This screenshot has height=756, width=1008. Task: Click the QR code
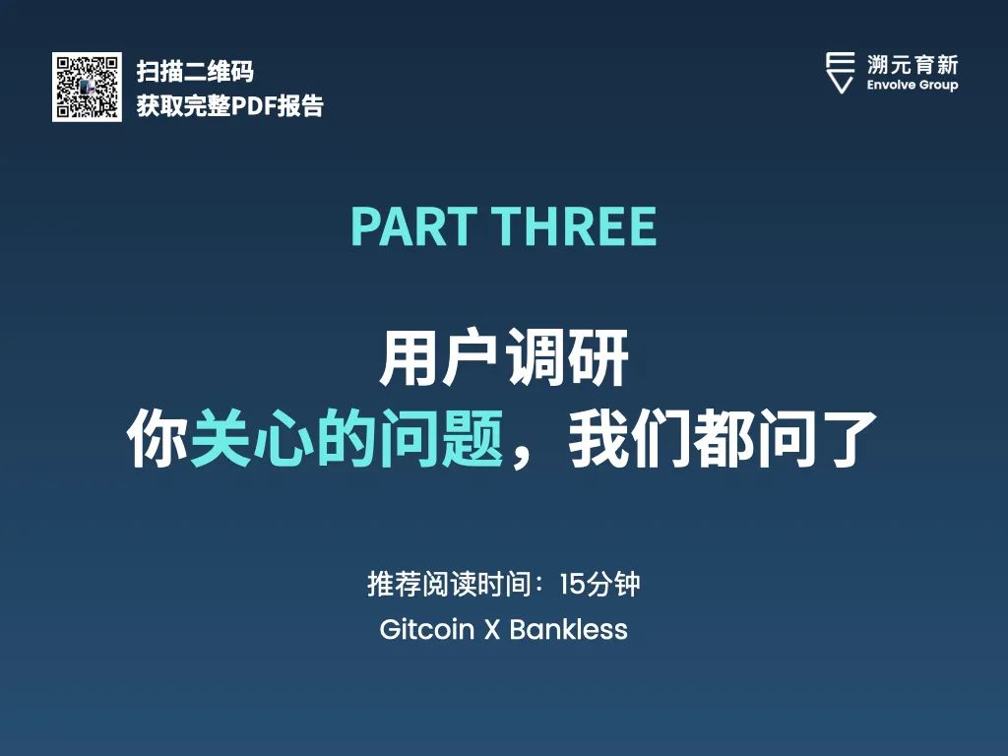[87, 87]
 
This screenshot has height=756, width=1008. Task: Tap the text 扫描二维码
[196, 71]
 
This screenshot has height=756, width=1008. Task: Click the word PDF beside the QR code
[253, 106]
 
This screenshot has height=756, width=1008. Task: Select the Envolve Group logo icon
[841, 73]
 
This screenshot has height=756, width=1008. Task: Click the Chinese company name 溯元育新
[913, 65]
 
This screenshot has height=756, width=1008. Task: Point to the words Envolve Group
[913, 85]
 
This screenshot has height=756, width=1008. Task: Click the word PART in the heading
[413, 226]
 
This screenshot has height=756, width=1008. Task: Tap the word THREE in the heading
[575, 226]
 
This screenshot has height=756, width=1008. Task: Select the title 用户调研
[503, 357]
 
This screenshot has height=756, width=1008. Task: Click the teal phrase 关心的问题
[346, 439]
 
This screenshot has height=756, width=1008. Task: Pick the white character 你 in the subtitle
[157, 439]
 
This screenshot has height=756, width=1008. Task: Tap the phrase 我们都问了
[723, 439]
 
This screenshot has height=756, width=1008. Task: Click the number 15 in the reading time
[572, 585]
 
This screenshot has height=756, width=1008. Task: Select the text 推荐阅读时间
[449, 585]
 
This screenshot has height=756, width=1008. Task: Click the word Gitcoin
[427, 629]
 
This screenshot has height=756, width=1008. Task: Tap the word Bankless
[568, 629]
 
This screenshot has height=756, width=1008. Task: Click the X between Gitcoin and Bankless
[492, 630]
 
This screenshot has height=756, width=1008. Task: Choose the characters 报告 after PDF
[300, 106]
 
